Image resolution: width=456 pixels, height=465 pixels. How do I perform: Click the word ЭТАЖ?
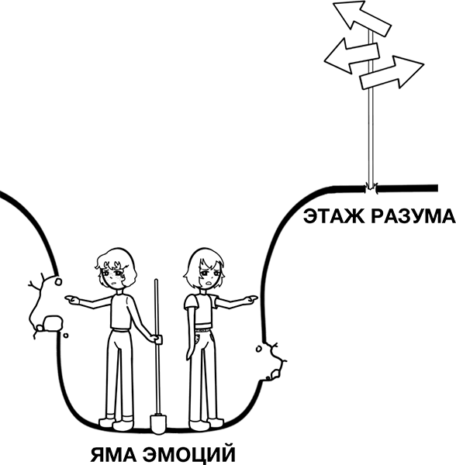click(333, 216)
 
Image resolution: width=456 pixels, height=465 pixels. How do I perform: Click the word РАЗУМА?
click(413, 216)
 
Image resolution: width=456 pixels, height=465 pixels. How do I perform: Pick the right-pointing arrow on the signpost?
click(392, 73)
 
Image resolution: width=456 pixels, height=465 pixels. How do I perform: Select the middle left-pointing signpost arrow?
click(351, 57)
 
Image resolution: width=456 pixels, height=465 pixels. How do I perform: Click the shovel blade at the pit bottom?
click(158, 423)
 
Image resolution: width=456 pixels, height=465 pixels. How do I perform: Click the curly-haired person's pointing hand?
click(72, 300)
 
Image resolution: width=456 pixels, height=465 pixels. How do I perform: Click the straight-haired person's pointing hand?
click(250, 299)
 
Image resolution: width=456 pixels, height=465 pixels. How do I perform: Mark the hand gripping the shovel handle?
click(157, 339)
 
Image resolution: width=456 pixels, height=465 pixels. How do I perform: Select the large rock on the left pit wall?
click(53, 323)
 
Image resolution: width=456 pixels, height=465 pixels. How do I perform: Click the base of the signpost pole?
click(370, 188)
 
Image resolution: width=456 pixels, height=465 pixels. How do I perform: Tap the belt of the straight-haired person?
click(203, 328)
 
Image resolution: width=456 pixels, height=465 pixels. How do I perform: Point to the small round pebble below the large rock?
click(66, 336)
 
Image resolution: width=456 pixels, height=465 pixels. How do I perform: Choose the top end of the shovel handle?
click(156, 281)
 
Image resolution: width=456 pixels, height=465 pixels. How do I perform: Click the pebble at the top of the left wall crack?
click(58, 281)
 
